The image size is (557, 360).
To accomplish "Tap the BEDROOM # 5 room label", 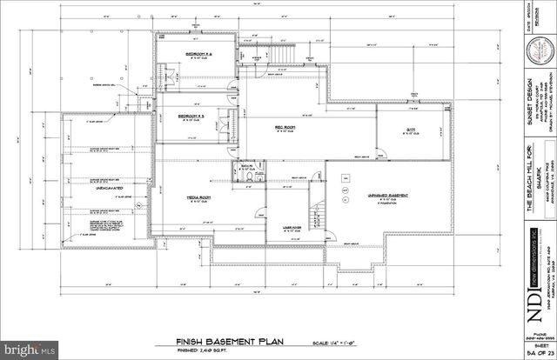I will [191, 116].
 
